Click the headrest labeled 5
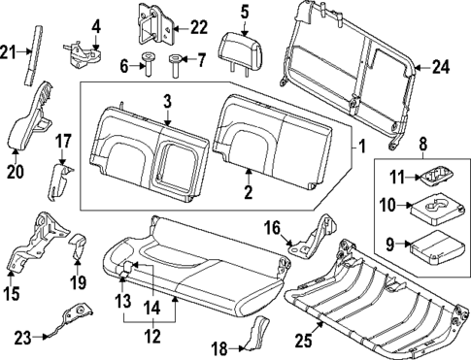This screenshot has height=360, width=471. pos(239,46)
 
